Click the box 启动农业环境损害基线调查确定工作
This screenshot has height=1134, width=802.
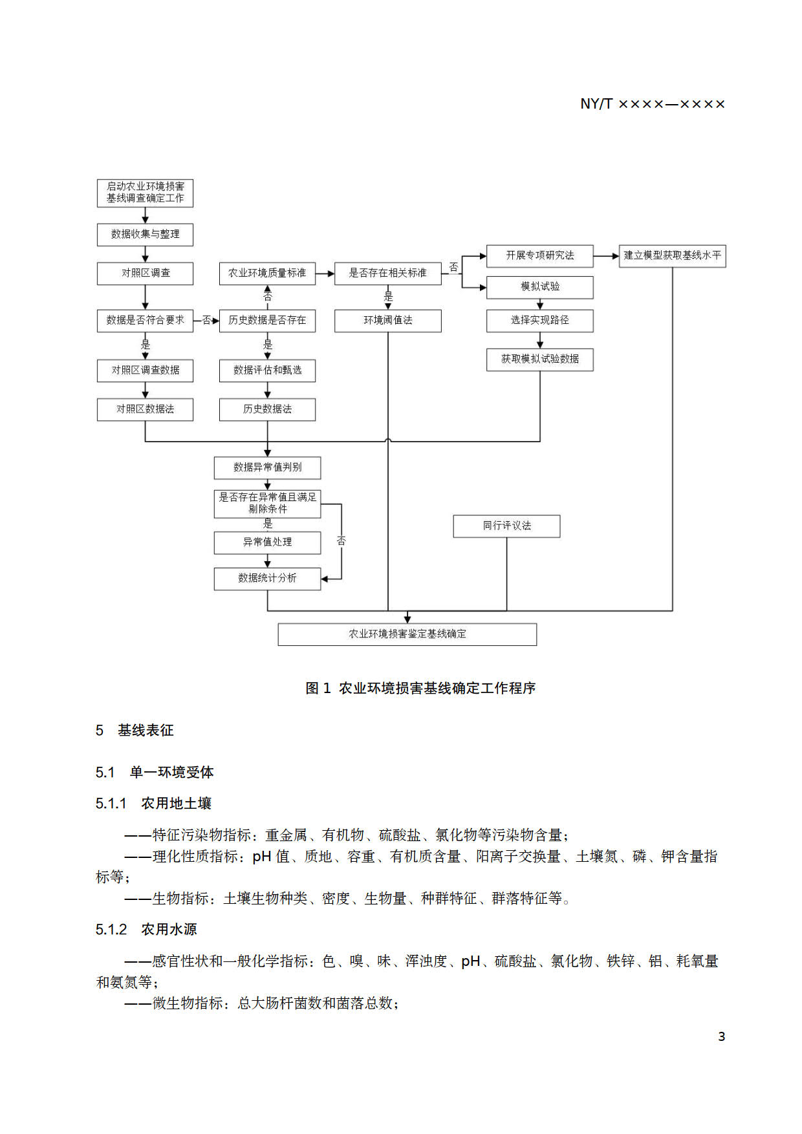pyautogui.click(x=145, y=193)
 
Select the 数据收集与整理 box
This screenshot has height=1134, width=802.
pyautogui.click(x=145, y=234)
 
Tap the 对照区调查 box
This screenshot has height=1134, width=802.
pyautogui.click(x=145, y=273)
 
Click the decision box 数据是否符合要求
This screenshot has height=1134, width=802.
pyautogui.click(x=145, y=320)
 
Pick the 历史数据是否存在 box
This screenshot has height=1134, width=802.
pyautogui.click(x=267, y=320)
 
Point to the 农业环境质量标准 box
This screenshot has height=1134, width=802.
pyautogui.click(x=267, y=273)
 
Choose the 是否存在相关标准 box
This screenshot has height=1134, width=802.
pyautogui.click(x=387, y=273)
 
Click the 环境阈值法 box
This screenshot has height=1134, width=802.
pyautogui.click(x=387, y=320)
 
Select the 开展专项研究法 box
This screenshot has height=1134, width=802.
pyautogui.click(x=539, y=255)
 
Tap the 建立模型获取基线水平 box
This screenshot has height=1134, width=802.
pyautogui.click(x=672, y=255)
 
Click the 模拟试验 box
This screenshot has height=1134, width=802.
pyautogui.click(x=539, y=286)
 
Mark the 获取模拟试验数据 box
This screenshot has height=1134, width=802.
pyautogui.click(x=539, y=359)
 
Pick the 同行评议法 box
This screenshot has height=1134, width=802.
pyautogui.click(x=506, y=526)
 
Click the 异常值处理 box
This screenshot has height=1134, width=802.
pyautogui.click(x=267, y=542)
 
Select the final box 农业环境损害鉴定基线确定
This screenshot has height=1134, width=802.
pyautogui.click(x=407, y=634)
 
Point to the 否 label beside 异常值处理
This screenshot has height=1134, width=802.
pyautogui.click(x=341, y=540)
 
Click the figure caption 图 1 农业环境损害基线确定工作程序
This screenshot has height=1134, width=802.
pyautogui.click(x=420, y=688)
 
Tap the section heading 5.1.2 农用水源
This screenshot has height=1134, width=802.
pyautogui.click(x=146, y=929)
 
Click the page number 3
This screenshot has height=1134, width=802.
pyautogui.click(x=721, y=1036)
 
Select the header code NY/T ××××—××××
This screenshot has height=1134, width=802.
pyautogui.click(x=652, y=104)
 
